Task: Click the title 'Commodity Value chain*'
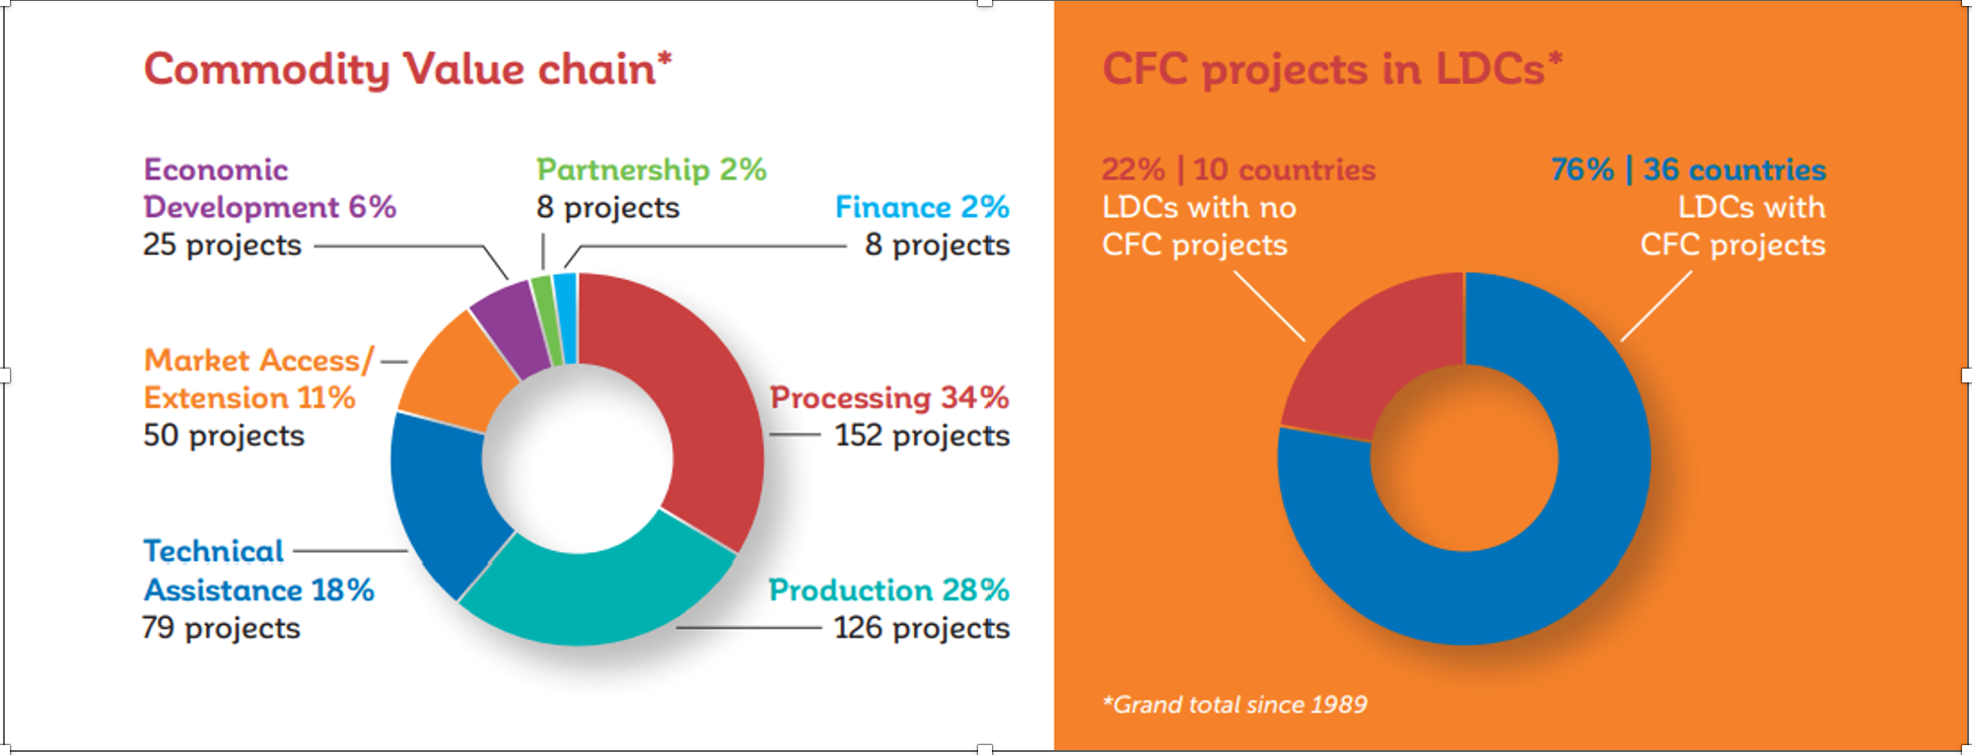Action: point(407,69)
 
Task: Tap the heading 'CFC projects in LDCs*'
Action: point(1331,69)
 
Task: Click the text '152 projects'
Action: point(922,435)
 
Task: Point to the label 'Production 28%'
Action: point(888,589)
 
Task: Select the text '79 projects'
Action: point(221,628)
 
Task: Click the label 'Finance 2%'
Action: point(922,207)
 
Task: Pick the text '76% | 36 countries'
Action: point(1688,170)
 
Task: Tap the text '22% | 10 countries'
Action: point(1237,170)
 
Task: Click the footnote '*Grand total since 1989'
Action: point(1234,705)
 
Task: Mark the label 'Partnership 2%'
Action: point(651,170)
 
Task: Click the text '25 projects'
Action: point(222,244)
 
